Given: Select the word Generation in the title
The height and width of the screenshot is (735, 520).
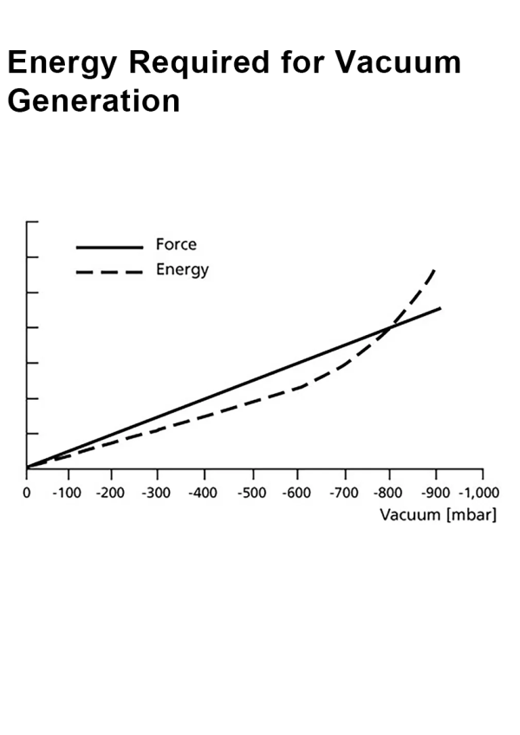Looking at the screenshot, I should click(94, 100).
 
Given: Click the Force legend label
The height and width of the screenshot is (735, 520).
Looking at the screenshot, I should click(176, 245).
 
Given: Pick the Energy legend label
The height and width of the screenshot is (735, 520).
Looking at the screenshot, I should click(182, 270).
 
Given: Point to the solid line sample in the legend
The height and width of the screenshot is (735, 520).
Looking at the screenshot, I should click(109, 247).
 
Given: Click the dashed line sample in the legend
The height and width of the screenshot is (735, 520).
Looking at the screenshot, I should click(109, 273).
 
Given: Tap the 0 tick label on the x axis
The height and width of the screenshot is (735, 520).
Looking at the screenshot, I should click(27, 493).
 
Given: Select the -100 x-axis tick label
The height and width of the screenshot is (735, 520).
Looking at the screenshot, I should click(66, 493).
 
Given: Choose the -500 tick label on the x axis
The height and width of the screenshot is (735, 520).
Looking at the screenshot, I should click(252, 493).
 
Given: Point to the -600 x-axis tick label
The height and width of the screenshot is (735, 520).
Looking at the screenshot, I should click(299, 493).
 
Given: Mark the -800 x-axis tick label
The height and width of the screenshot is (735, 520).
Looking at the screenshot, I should click(390, 493).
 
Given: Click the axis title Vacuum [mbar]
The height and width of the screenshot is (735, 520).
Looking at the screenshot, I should click(438, 514).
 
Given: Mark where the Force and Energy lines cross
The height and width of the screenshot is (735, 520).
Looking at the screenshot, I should click(389, 326).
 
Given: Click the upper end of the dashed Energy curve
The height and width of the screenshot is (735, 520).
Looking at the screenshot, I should click(434, 269).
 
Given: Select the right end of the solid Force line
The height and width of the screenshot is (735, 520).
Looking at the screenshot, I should click(441, 307).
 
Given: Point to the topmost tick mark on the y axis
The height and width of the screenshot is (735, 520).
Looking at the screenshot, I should click(32, 222).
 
